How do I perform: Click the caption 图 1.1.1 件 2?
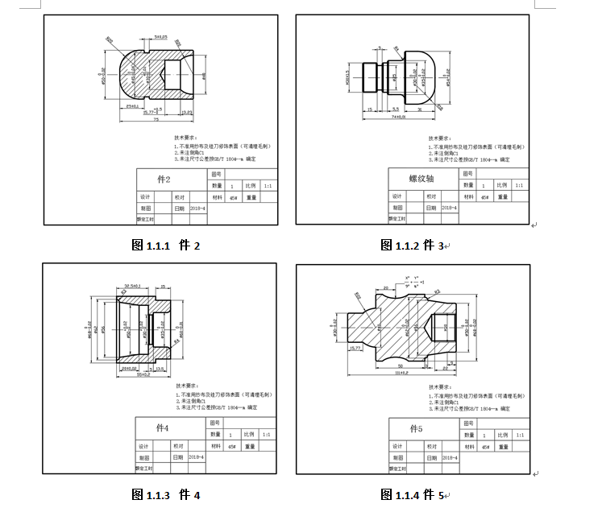pos(164,245)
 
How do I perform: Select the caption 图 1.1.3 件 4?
pos(164,494)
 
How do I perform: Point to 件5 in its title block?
pos(416,428)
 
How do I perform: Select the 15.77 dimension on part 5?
pos(355,348)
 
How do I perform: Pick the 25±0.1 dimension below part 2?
pos(131,105)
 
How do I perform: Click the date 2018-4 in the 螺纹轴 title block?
pos(449,208)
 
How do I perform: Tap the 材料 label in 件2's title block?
pos(217,196)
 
